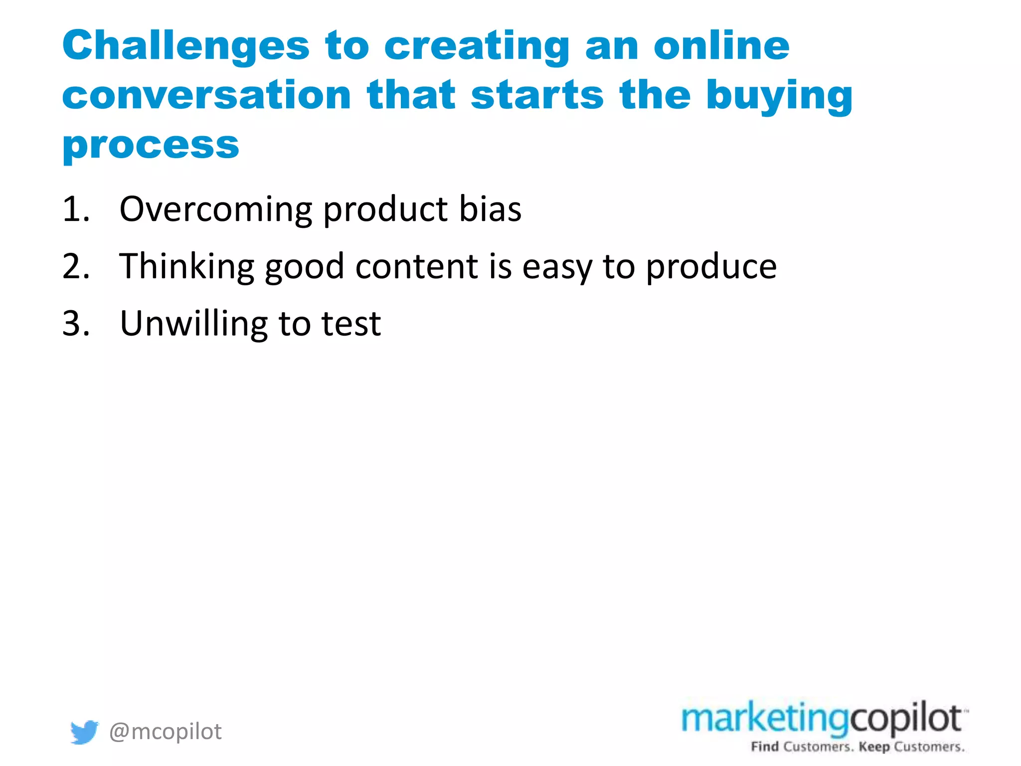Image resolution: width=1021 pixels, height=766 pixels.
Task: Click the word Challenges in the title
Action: click(x=185, y=46)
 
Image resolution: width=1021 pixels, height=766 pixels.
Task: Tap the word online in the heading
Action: click(x=721, y=46)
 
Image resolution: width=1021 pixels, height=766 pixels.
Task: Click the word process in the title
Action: click(x=151, y=146)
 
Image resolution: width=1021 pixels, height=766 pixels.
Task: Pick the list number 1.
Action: click(x=75, y=209)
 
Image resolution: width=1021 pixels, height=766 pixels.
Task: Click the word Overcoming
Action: click(x=215, y=209)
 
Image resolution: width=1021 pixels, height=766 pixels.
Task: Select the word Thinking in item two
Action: click(x=186, y=267)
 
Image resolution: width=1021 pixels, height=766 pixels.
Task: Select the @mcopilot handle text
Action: click(x=165, y=732)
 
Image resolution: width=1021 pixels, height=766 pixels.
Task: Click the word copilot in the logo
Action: click(x=905, y=719)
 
